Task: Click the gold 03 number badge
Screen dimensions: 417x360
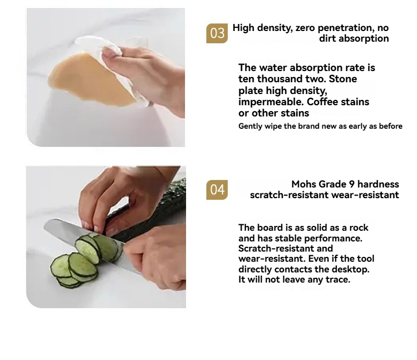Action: (217, 33)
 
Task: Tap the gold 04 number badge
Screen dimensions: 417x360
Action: (217, 190)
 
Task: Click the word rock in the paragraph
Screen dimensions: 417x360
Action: (359, 228)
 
